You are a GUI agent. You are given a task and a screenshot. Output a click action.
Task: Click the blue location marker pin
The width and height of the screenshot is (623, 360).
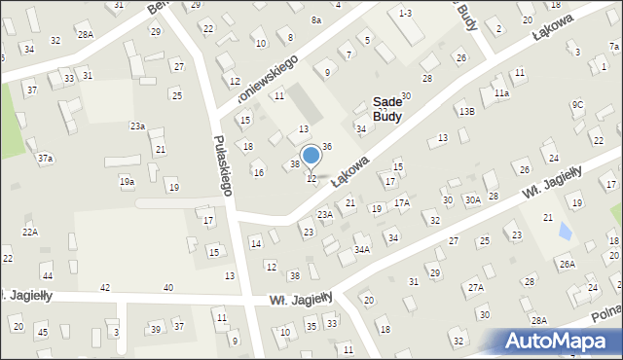tap(311, 156)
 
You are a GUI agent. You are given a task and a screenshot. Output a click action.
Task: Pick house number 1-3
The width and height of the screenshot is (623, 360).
tap(406, 12)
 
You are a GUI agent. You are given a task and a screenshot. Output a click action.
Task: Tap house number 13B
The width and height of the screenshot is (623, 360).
tap(467, 112)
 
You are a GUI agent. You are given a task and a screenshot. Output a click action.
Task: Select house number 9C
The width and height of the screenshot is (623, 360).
tap(577, 105)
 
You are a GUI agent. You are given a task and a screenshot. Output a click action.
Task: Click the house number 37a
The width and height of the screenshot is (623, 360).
tap(45, 158)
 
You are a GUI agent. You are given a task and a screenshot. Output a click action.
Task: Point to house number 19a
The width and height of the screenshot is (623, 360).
tap(127, 182)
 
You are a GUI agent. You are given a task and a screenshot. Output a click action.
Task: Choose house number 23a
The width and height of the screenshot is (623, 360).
tap(138, 126)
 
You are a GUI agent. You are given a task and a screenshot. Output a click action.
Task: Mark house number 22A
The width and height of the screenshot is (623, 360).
tap(30, 233)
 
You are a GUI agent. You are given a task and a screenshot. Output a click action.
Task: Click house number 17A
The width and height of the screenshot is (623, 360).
tap(401, 203)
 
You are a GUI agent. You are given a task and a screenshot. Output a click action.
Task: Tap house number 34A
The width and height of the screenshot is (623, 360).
tap(361, 250)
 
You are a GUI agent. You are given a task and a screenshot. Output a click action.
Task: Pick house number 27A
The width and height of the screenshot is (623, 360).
tap(475, 288)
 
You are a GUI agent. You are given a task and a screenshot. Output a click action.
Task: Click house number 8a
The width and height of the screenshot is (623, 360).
tap(315, 19)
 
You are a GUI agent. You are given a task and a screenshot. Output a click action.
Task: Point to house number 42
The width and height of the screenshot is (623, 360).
tap(105, 288)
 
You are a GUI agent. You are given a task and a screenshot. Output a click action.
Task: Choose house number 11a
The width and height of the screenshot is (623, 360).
tap(500, 93)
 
